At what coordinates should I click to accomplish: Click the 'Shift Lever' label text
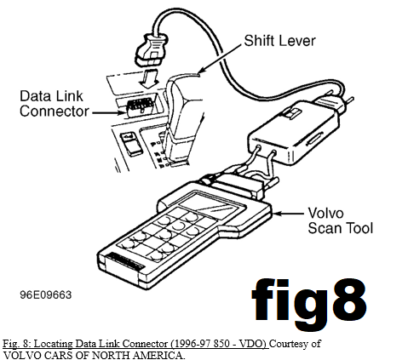point(279,41)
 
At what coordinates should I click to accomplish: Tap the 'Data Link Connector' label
point(54,104)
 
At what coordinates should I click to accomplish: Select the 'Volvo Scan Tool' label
point(340,220)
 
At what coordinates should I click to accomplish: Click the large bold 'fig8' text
point(308,304)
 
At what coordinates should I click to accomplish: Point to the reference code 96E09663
point(46,294)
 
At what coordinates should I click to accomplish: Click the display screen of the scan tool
point(212,205)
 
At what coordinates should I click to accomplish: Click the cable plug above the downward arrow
point(151,50)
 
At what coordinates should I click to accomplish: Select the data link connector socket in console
point(140,107)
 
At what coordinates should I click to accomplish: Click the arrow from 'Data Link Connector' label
point(108,113)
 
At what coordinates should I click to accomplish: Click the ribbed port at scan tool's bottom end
point(125,261)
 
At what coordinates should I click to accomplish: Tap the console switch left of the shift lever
point(131,144)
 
